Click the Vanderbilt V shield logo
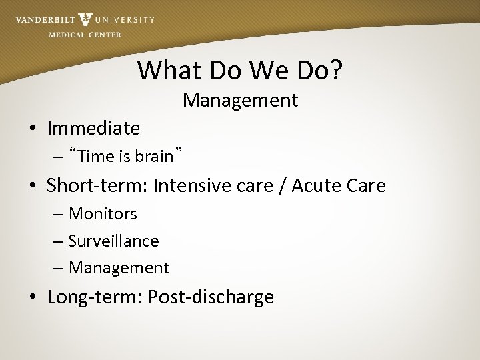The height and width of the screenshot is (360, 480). (85, 20)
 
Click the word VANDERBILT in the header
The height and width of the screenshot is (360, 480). (45, 20)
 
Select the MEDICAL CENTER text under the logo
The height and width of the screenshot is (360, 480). (85, 35)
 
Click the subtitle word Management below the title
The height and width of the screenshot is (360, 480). (240, 101)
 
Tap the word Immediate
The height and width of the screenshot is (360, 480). (93, 127)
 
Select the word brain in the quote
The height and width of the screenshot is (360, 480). (153, 157)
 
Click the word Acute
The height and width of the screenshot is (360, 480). (316, 185)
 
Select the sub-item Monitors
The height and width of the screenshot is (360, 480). (103, 214)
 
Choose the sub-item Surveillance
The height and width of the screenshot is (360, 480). (113, 241)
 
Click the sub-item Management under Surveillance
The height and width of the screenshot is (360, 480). (119, 268)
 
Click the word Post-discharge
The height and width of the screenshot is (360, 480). (211, 297)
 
